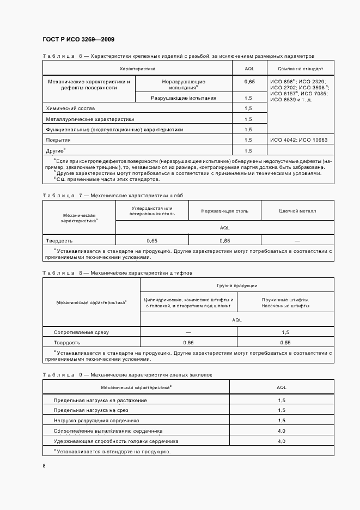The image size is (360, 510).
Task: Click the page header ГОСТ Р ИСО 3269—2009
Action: click(x=78, y=40)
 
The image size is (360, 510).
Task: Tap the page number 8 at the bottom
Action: click(x=44, y=465)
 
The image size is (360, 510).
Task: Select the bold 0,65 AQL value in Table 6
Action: click(x=249, y=81)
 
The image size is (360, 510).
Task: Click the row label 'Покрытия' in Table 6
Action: click(x=58, y=140)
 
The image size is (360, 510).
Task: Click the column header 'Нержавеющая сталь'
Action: click(x=224, y=211)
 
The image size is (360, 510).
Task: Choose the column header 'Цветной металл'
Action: click(x=297, y=211)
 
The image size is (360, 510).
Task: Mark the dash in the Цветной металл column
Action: click(x=297, y=240)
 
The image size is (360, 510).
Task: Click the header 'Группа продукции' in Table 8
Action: click(x=237, y=286)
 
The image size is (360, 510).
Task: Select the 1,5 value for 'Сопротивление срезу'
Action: click(x=285, y=332)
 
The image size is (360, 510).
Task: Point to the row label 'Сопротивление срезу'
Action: click(x=81, y=332)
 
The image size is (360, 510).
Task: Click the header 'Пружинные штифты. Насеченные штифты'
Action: click(x=285, y=302)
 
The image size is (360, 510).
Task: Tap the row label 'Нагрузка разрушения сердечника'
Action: click(x=96, y=421)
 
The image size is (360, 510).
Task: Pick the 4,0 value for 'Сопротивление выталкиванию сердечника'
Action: click(x=282, y=431)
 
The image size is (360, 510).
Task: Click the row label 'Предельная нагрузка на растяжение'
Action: click(x=100, y=400)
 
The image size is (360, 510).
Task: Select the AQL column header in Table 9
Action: click(x=282, y=387)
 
